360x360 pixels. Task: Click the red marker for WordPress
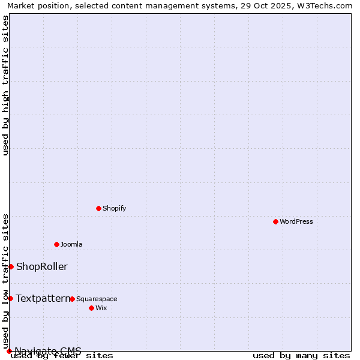coord(275,221)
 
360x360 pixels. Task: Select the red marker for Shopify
coord(98,208)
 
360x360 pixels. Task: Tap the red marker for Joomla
coord(56,244)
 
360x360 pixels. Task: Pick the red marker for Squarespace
coord(72,299)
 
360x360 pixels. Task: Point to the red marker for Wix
coord(91,308)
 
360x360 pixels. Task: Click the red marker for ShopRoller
coord(11,266)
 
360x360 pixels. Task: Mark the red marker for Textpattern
coord(10,298)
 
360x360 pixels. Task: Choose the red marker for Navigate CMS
coord(9,351)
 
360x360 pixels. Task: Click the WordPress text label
coord(296,221)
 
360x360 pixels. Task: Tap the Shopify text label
coord(115,208)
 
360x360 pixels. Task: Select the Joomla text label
coord(71,244)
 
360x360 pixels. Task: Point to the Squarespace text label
coord(97,299)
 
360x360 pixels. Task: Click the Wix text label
coord(101,308)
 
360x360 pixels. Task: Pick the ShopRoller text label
coord(42,266)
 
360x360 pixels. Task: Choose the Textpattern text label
coord(43,298)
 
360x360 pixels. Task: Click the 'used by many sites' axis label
coord(301,356)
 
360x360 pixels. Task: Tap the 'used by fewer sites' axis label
coord(62,356)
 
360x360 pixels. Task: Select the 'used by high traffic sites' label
coord(5,85)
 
